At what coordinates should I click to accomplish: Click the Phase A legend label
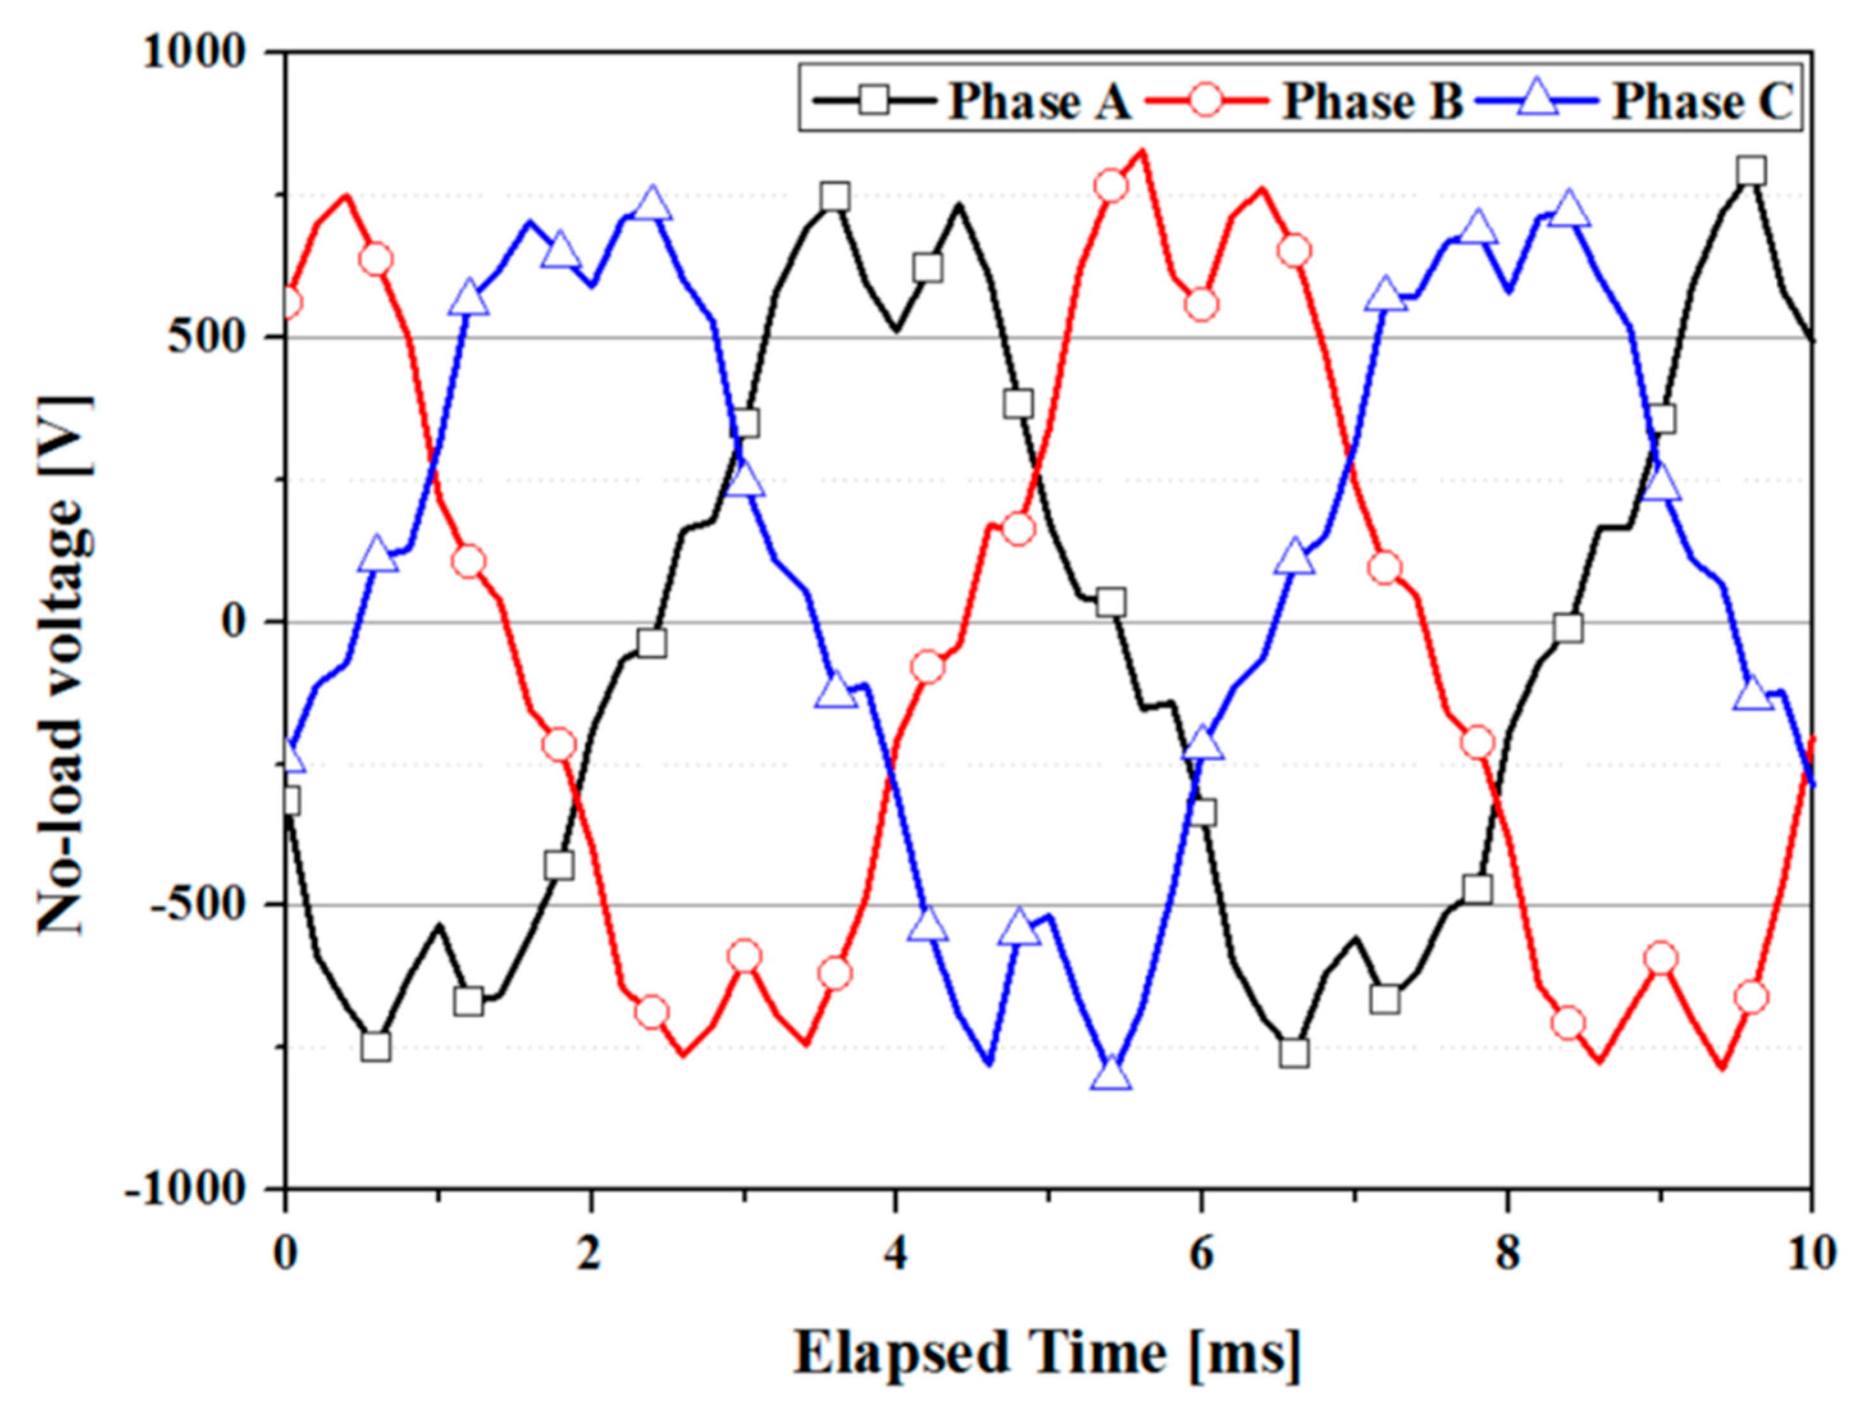tap(1039, 102)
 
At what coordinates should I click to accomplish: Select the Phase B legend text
tap(1372, 102)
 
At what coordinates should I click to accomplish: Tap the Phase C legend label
tap(1702, 102)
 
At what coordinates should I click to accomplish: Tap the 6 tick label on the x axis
tap(1201, 1253)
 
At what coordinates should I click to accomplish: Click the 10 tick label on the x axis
tap(1811, 1253)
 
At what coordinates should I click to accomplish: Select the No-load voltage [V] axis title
tap(63, 663)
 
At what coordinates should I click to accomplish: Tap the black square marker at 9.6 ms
tap(1751, 170)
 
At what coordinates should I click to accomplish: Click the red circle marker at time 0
tap(289, 302)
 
